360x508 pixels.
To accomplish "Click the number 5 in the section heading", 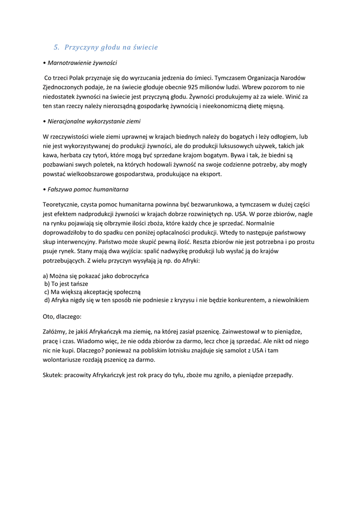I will [55, 48].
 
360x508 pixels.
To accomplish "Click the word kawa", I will [51, 155].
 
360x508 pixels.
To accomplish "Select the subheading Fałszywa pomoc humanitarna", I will [88, 189].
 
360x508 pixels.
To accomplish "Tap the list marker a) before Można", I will [46, 276].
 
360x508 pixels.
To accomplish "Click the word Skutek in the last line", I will [53, 375].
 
